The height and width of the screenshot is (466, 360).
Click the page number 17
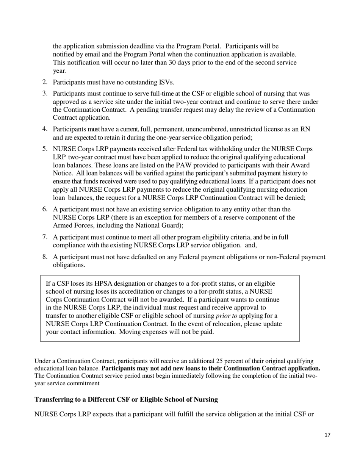pos(327,435)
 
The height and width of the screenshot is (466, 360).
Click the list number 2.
pos(44,82)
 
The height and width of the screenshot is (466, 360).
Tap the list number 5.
pos(44,149)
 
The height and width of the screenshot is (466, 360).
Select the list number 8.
pos(44,257)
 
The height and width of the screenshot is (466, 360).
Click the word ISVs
pos(165,82)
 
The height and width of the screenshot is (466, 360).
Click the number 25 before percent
pos(219,361)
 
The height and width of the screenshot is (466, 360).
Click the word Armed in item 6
pos(62,225)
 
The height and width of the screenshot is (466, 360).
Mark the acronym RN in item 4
pos(305,129)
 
